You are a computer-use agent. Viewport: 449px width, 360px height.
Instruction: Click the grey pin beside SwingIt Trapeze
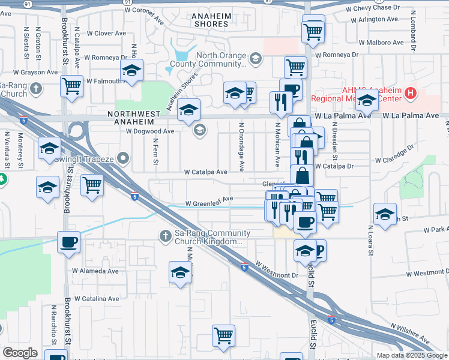click(x=124, y=159)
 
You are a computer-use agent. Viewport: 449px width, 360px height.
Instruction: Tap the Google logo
click(x=20, y=353)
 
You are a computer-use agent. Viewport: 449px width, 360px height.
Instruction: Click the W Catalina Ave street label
click(x=96, y=298)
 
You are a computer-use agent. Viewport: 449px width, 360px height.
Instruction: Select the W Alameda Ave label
click(x=96, y=271)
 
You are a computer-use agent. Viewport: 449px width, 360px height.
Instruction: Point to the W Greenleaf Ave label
click(x=208, y=203)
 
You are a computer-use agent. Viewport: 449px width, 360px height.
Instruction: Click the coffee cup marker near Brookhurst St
click(x=68, y=243)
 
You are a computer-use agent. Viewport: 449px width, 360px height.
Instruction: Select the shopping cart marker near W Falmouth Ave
click(x=71, y=86)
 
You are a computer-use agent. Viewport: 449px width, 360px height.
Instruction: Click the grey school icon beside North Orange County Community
click(x=256, y=58)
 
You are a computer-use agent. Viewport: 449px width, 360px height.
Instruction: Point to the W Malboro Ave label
click(x=381, y=43)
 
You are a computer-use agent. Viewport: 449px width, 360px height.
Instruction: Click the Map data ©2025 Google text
click(x=412, y=355)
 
